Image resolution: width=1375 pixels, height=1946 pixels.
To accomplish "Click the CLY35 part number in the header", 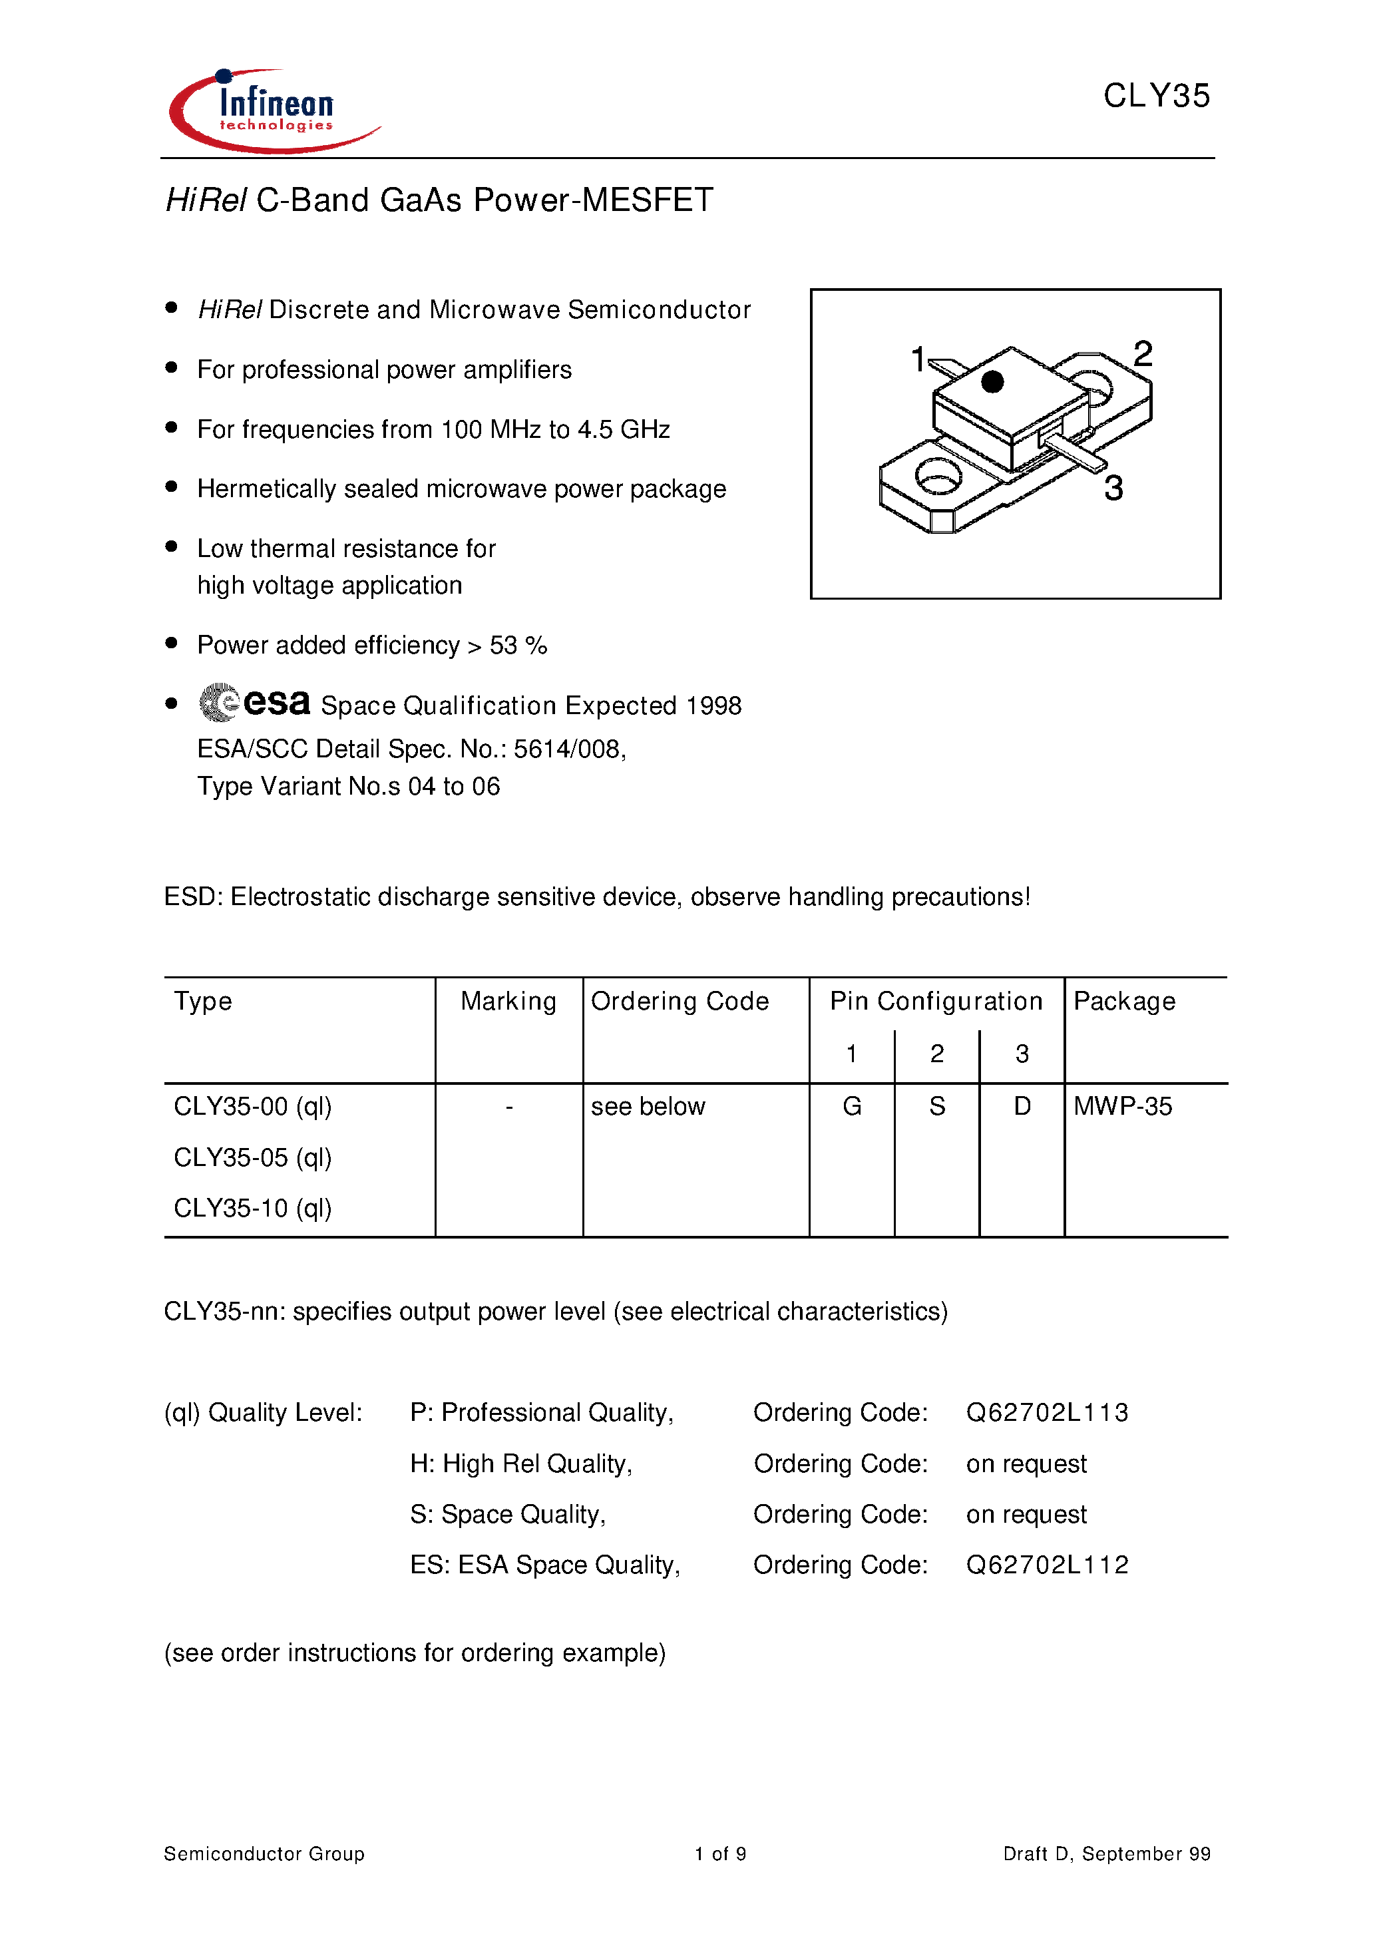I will coord(1155,96).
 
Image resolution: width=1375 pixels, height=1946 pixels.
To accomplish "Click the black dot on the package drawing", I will coord(992,382).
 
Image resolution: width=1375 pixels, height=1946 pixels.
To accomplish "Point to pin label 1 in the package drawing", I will coord(917,359).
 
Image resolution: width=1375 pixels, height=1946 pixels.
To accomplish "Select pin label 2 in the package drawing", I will coord(1143,354).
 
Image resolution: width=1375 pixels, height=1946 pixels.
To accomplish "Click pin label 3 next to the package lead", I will coord(1113,488).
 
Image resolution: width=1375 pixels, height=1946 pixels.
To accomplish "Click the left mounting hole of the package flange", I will coord(938,477).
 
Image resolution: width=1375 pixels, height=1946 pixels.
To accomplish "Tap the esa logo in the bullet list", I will coord(255,703).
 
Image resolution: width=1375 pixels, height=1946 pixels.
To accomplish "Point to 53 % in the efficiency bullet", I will coord(518,646).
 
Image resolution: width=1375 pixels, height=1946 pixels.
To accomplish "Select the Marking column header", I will coord(508,1002).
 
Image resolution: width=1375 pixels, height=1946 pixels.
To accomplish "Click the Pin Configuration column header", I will coord(936,1002).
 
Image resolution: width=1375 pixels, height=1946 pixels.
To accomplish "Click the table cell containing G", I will coord(852,1106).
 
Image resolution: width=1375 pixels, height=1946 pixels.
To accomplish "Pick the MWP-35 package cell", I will coord(1122,1106).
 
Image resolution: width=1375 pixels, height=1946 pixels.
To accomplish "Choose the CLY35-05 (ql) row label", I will coord(253,1158).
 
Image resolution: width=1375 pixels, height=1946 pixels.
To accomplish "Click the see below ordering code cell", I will coord(648,1107).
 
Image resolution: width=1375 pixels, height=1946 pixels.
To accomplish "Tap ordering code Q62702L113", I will coord(1047,1413).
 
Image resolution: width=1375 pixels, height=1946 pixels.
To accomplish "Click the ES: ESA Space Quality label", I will coord(545,1565).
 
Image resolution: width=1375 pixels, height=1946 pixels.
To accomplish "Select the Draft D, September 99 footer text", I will coord(1106,1853).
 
